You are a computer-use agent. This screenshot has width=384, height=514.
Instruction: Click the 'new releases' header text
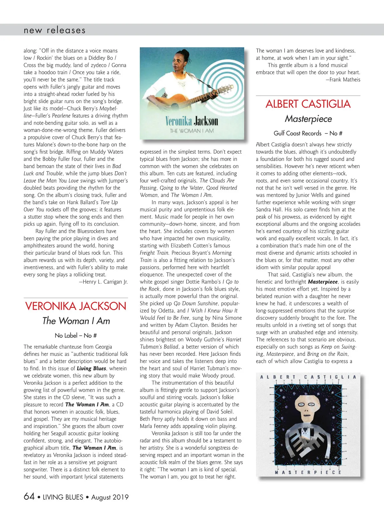tap(55, 30)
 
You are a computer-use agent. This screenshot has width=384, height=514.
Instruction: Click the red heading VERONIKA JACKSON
tap(76, 306)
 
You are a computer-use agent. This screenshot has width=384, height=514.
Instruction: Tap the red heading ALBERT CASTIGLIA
tap(308, 104)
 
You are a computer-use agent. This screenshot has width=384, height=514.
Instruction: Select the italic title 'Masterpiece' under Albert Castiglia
tap(308, 119)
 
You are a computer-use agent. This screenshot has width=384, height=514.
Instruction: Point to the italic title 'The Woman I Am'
tap(76, 321)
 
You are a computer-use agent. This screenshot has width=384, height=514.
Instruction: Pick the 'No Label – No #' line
tap(76, 335)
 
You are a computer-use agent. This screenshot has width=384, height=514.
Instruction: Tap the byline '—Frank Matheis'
tap(343, 79)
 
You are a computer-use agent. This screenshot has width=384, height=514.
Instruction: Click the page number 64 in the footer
tap(29, 496)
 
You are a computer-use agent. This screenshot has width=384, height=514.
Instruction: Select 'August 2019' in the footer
tap(110, 497)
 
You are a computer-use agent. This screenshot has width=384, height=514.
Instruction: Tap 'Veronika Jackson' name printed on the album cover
tap(192, 121)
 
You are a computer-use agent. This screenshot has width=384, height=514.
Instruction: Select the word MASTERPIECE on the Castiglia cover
tap(308, 472)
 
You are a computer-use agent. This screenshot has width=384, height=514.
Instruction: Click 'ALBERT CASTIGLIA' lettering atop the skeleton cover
tap(308, 377)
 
